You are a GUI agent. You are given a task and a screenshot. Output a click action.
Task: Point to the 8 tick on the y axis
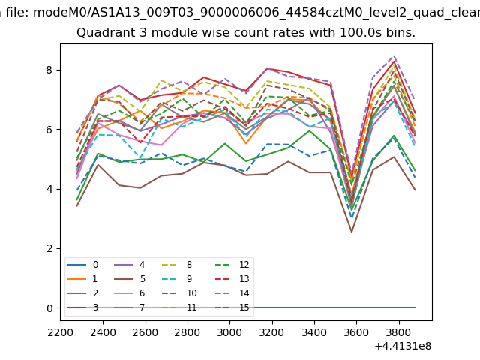[50, 70]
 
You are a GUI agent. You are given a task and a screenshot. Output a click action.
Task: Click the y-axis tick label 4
[50, 189]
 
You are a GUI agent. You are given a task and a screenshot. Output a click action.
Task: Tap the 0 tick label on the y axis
[50, 308]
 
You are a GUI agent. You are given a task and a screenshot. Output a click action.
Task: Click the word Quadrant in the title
[101, 33]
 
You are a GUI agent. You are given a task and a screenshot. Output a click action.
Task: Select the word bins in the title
[399, 33]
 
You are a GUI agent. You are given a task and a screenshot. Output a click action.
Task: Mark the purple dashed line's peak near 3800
[394, 56]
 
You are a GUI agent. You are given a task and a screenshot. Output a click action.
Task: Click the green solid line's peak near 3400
[309, 130]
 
